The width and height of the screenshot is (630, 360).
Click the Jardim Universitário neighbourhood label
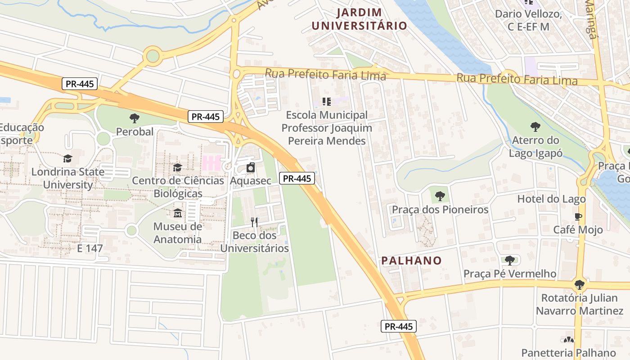pos(360,19)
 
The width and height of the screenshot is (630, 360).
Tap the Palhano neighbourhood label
pos(411,260)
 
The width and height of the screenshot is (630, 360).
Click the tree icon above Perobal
pos(134,118)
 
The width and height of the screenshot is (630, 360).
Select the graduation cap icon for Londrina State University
pos(67,158)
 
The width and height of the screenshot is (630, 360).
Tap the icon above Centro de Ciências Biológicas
pos(178,167)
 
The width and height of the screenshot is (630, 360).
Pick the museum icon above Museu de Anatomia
pos(178,213)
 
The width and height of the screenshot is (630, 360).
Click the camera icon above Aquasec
pos(251,168)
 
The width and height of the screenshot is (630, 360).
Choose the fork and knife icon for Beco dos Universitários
pos(254,222)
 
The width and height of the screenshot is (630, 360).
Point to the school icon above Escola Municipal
pos(327,102)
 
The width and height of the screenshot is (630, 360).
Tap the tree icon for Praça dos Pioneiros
pos(440,196)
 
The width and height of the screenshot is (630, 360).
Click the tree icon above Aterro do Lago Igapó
pos(535,126)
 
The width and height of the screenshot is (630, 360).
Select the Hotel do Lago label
pos(551,199)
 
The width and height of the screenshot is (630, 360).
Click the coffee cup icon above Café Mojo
pos(578,216)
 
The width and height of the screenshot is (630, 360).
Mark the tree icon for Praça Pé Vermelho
pos(509,260)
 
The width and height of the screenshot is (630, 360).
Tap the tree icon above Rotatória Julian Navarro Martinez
pos(580,284)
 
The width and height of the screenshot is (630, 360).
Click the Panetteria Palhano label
pos(568,353)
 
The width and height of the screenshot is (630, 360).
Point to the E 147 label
pos(90,248)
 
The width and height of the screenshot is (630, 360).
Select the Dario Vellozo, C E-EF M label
pos(528,20)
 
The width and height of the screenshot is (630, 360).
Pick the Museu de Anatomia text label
pos(178,233)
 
